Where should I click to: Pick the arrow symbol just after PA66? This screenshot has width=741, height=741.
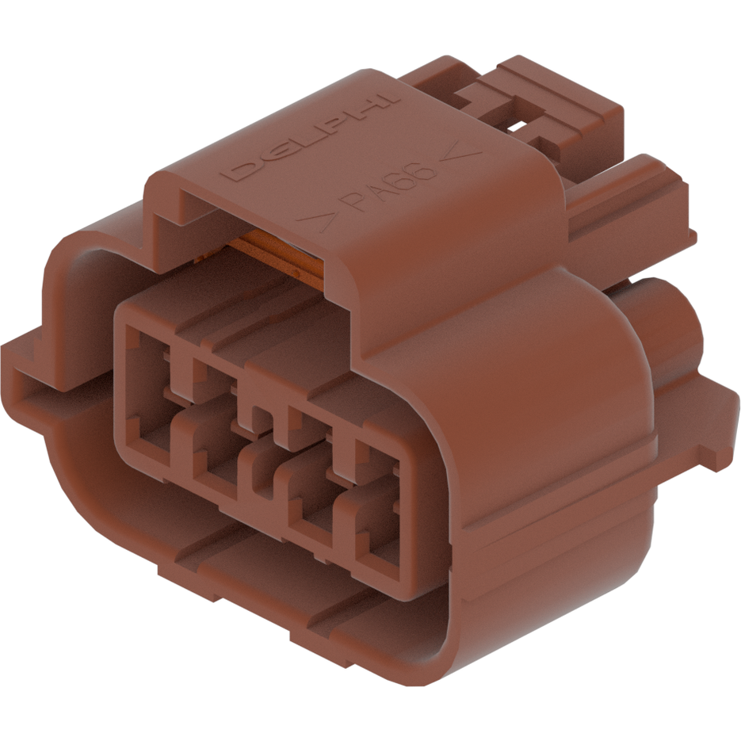[x=460, y=153]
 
